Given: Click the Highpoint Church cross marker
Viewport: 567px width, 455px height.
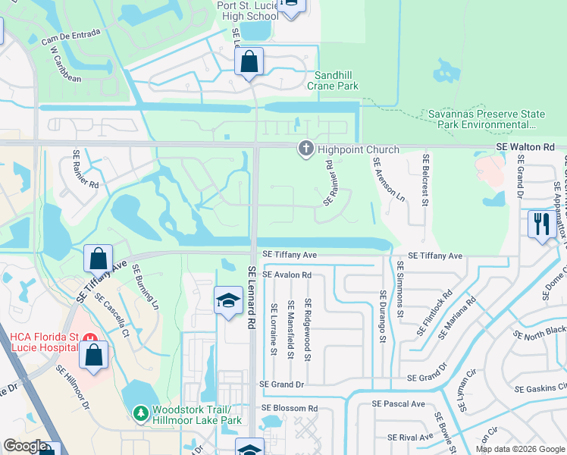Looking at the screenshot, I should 305,149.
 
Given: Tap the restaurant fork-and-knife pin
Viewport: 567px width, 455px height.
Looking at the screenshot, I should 541,224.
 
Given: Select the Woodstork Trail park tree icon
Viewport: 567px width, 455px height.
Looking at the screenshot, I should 140,413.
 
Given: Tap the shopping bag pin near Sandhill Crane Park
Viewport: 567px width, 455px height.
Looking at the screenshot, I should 249,61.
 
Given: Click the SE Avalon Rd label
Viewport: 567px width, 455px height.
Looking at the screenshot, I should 287,275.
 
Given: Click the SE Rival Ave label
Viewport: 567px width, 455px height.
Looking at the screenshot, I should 409,437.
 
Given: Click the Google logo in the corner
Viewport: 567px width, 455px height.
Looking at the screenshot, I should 25,446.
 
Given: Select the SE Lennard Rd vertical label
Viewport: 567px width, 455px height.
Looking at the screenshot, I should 252,297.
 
